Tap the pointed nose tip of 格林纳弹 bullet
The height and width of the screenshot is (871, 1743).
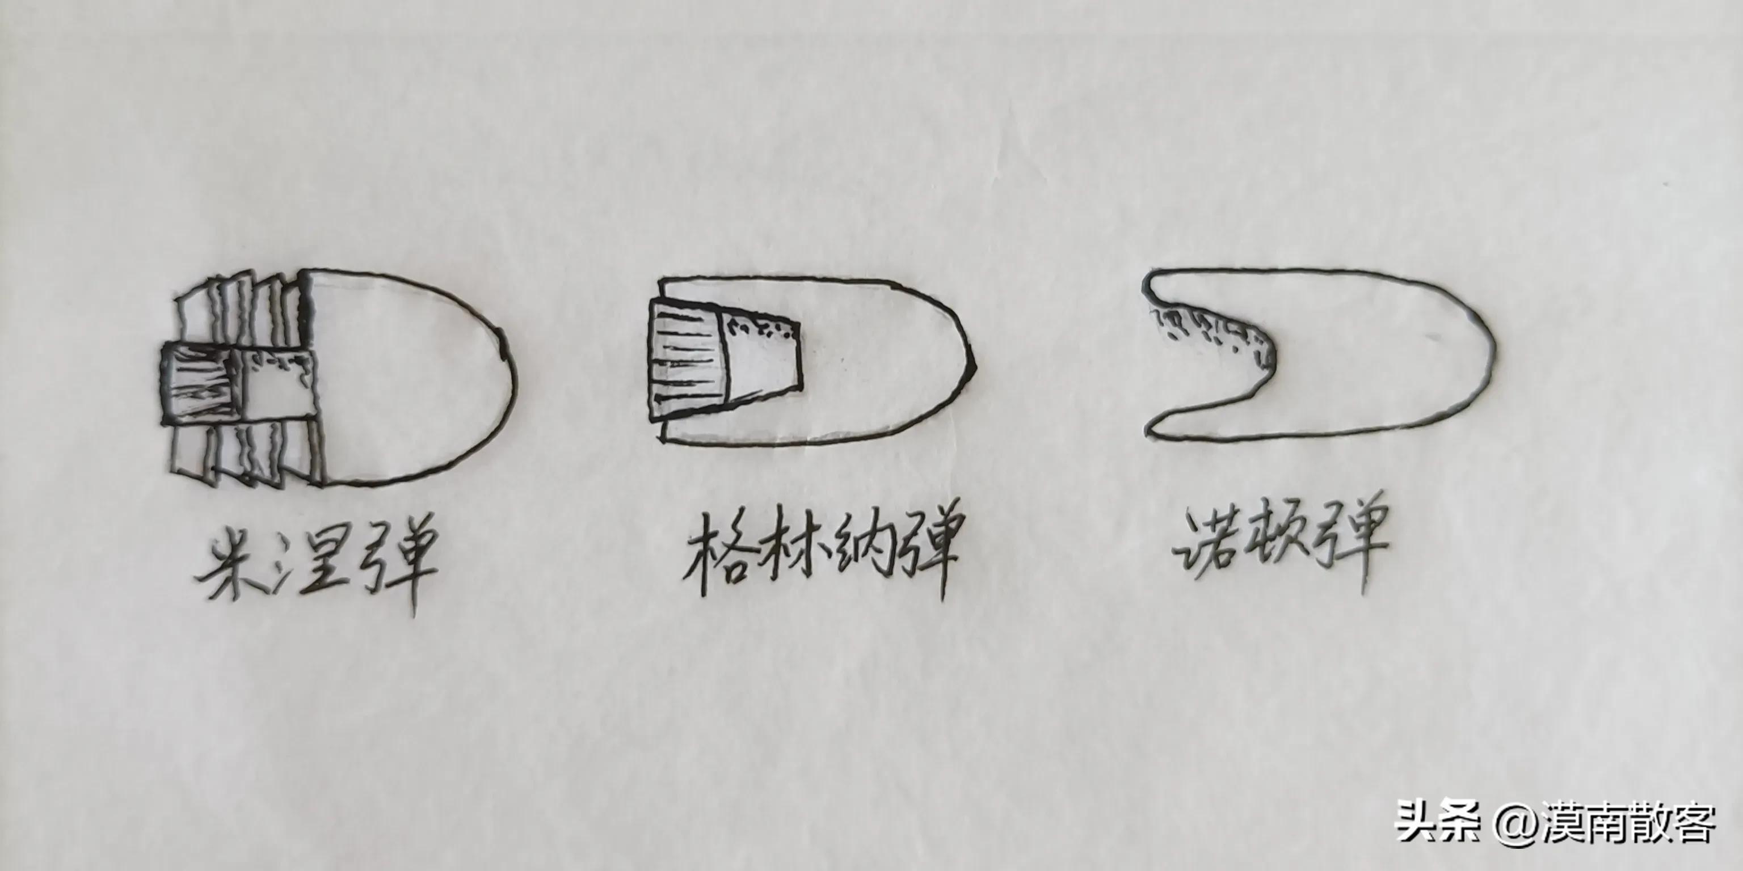coord(975,365)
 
